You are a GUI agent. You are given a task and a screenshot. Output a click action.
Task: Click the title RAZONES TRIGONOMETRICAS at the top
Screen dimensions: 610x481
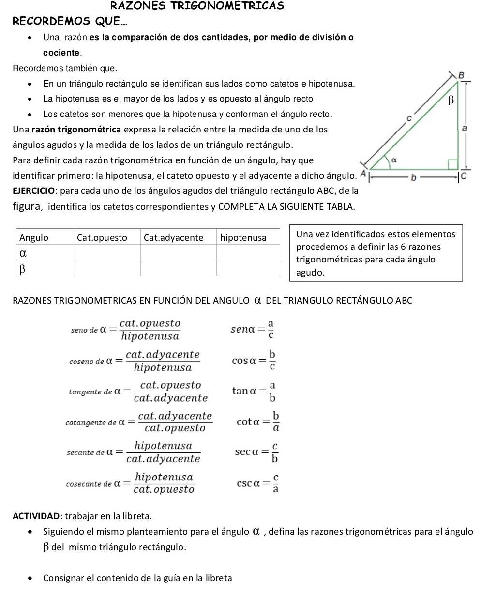197,6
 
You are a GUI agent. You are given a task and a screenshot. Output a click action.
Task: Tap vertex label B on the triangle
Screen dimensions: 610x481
461,75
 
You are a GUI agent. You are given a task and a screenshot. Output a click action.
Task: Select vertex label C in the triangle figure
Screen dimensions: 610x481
463,176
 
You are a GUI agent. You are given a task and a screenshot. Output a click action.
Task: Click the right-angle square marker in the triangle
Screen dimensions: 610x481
452,164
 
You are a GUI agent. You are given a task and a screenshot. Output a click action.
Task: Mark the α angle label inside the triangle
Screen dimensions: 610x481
393,159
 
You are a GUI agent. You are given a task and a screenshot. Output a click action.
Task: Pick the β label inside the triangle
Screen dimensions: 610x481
451,100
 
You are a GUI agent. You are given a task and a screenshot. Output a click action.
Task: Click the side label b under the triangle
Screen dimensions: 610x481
413,178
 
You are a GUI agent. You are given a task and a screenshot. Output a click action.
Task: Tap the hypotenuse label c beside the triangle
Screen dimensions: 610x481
409,117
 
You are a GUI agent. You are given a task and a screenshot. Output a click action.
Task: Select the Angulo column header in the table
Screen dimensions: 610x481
34,237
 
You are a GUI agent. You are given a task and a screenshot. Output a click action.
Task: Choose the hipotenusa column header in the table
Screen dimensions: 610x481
243,237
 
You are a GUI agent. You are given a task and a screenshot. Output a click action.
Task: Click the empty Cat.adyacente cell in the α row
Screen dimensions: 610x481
178,252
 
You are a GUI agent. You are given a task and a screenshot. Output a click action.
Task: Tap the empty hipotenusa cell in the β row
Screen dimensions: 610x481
248,268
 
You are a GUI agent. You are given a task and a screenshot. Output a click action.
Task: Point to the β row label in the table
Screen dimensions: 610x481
22,269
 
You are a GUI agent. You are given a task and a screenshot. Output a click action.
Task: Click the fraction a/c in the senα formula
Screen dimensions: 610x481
271,329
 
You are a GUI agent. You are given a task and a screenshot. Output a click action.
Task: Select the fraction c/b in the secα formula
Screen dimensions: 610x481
274,452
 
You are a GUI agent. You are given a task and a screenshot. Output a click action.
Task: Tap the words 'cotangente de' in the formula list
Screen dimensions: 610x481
91,423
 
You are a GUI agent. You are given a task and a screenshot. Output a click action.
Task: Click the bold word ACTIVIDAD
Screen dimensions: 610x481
37,516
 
